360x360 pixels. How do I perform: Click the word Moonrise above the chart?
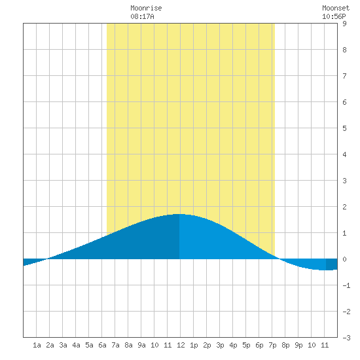(x=146, y=8)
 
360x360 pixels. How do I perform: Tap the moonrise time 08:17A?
(x=142, y=16)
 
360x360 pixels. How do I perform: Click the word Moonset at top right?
(x=336, y=8)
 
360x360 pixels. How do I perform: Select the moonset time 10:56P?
(x=334, y=16)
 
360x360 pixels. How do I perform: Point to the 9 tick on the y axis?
(x=344, y=24)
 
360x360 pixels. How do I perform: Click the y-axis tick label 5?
(x=344, y=128)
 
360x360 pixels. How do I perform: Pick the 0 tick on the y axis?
(x=344, y=259)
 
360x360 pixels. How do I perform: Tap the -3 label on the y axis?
(x=346, y=338)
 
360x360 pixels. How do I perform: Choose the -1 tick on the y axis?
(x=346, y=285)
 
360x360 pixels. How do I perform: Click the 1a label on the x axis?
(x=37, y=345)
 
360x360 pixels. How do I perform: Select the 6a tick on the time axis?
(x=102, y=345)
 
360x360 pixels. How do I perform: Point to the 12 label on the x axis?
(x=181, y=345)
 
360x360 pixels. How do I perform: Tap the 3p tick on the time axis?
(x=220, y=345)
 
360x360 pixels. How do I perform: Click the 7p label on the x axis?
(x=272, y=345)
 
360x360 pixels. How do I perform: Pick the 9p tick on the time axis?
(x=298, y=345)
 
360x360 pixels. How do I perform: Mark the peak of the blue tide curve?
(x=179, y=214)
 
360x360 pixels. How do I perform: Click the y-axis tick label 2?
(x=344, y=207)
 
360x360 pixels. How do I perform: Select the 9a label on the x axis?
(x=141, y=345)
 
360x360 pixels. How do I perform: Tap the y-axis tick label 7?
(x=344, y=76)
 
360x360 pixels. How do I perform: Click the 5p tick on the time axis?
(x=246, y=345)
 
